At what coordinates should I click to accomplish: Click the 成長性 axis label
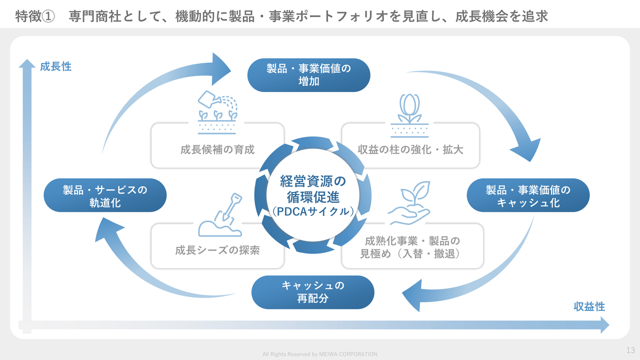pyautogui.click(x=55, y=66)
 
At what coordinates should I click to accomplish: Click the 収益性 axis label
pyautogui.click(x=589, y=306)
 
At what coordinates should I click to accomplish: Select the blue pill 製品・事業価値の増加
pyautogui.click(x=308, y=75)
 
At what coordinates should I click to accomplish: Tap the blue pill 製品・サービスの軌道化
pyautogui.click(x=105, y=195)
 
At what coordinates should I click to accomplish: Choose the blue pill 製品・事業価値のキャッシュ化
pyautogui.click(x=528, y=195)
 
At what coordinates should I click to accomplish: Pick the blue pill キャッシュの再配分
pyautogui.click(x=313, y=292)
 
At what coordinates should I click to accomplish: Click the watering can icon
pyautogui.click(x=217, y=112)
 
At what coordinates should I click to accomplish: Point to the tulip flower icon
pyautogui.click(x=409, y=115)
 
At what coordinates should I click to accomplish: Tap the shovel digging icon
pyautogui.click(x=220, y=215)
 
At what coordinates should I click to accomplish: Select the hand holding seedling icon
pyautogui.click(x=409, y=203)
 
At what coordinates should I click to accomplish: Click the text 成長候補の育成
pyautogui.click(x=217, y=149)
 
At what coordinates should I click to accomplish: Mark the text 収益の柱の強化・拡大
pyautogui.click(x=410, y=149)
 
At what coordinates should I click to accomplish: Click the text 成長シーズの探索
pyautogui.click(x=217, y=250)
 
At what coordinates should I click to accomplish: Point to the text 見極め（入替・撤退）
pyautogui.click(x=410, y=253)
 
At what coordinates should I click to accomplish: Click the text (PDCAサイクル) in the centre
pyautogui.click(x=313, y=211)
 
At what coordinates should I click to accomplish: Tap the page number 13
pyautogui.click(x=630, y=350)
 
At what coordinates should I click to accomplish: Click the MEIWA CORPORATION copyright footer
pyautogui.click(x=320, y=354)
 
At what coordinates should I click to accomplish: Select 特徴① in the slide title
pyautogui.click(x=35, y=16)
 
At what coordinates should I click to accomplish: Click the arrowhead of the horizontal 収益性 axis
pyautogui.click(x=604, y=325)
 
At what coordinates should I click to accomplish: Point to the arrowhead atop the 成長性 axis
pyautogui.click(x=27, y=63)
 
